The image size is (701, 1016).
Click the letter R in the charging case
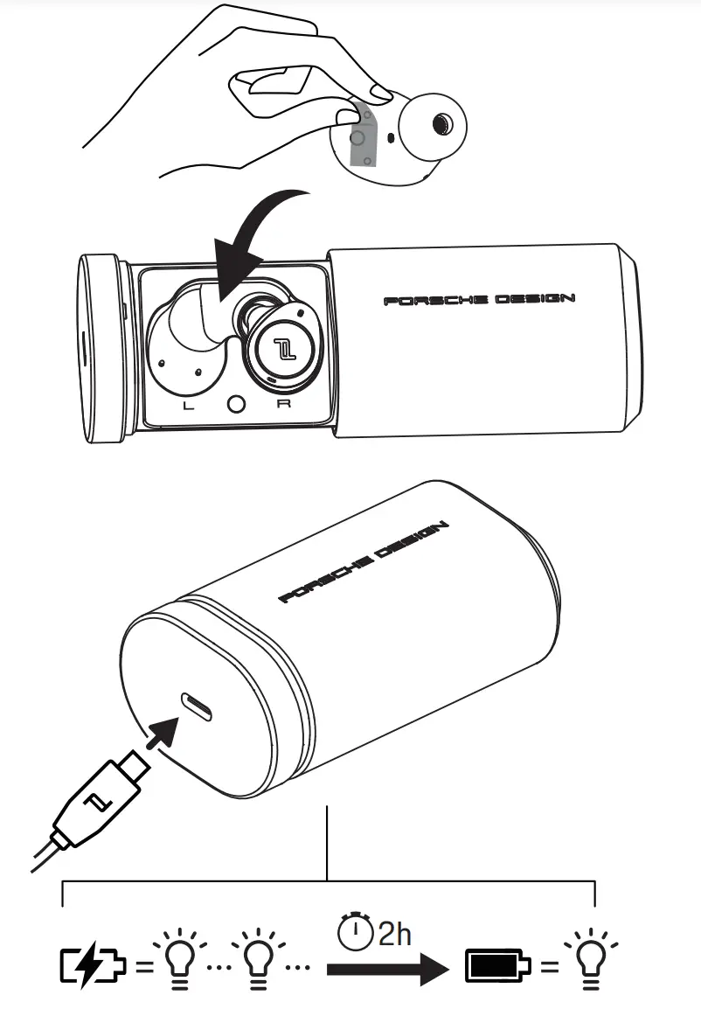coord(281,405)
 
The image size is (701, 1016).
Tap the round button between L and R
coord(234,404)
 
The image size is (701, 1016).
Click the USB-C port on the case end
coord(196,706)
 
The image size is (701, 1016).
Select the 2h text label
coord(394,934)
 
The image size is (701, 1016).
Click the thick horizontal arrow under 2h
coord(385,969)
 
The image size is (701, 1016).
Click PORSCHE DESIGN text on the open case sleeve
coord(479,300)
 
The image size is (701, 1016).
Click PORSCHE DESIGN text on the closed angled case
coord(364,563)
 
